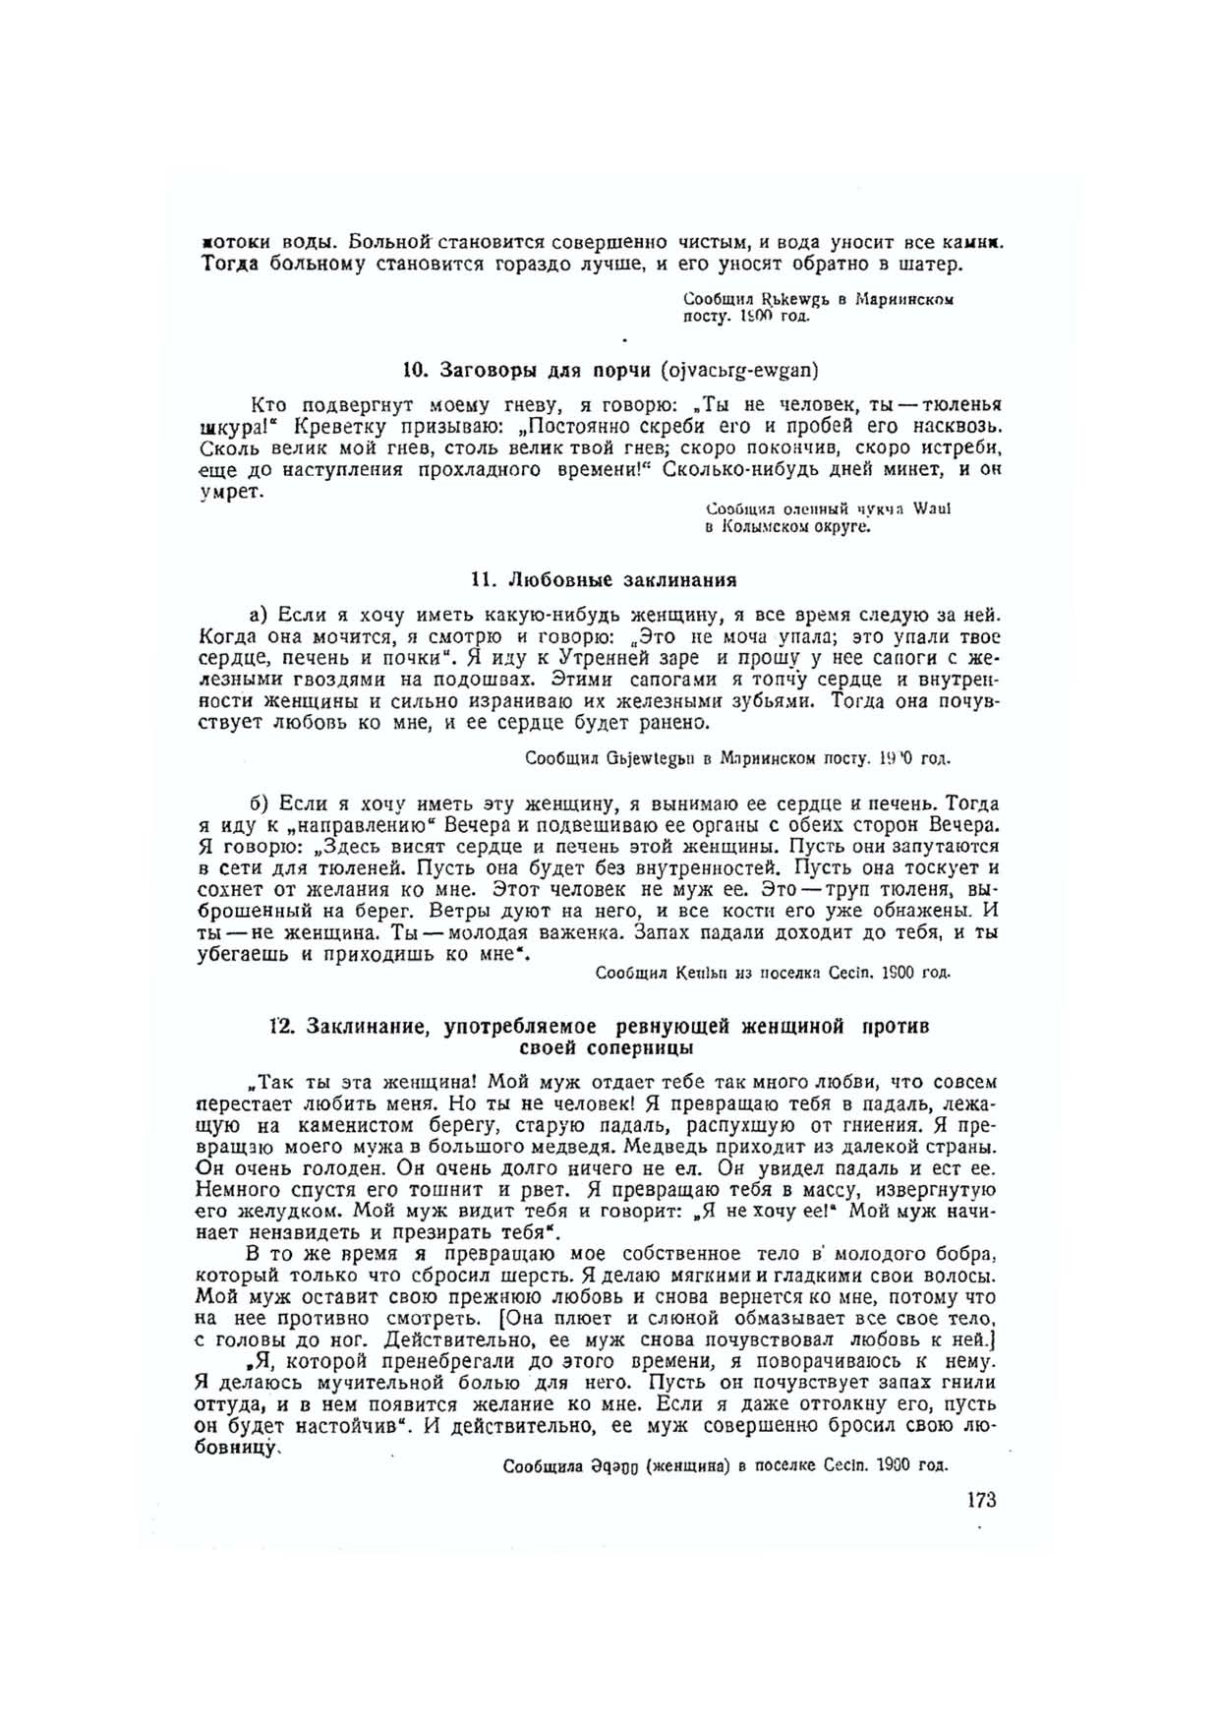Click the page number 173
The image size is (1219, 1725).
[x=981, y=1500]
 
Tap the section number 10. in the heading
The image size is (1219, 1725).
[x=414, y=370]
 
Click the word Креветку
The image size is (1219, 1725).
[x=336, y=427]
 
